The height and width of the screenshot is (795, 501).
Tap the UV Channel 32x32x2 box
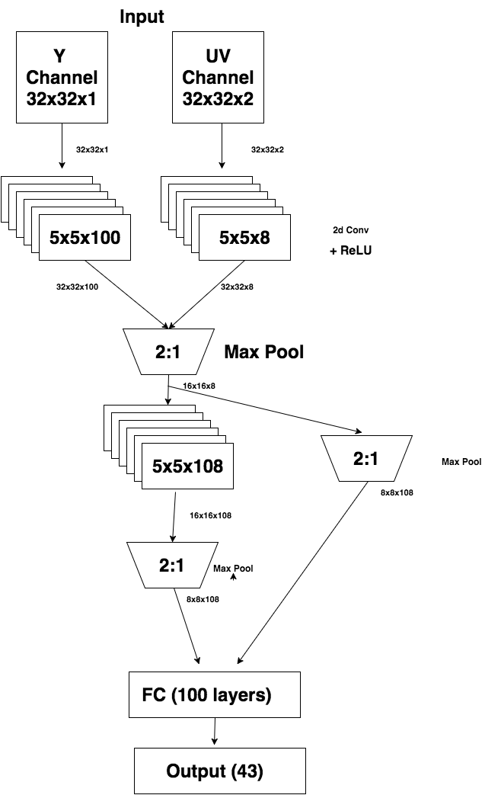coord(219,77)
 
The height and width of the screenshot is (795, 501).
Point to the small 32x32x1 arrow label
coord(92,150)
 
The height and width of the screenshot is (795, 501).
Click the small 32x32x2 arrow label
coord(266,150)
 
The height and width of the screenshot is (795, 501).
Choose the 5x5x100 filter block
coord(85,238)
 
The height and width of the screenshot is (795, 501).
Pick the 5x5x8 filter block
coord(244,238)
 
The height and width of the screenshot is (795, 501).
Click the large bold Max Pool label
coord(263,352)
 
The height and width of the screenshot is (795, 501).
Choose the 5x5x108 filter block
coord(187,466)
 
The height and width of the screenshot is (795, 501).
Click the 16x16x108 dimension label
coord(210,516)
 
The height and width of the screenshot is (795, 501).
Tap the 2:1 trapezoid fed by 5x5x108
coord(169,565)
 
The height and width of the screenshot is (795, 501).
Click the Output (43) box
coord(215,771)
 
